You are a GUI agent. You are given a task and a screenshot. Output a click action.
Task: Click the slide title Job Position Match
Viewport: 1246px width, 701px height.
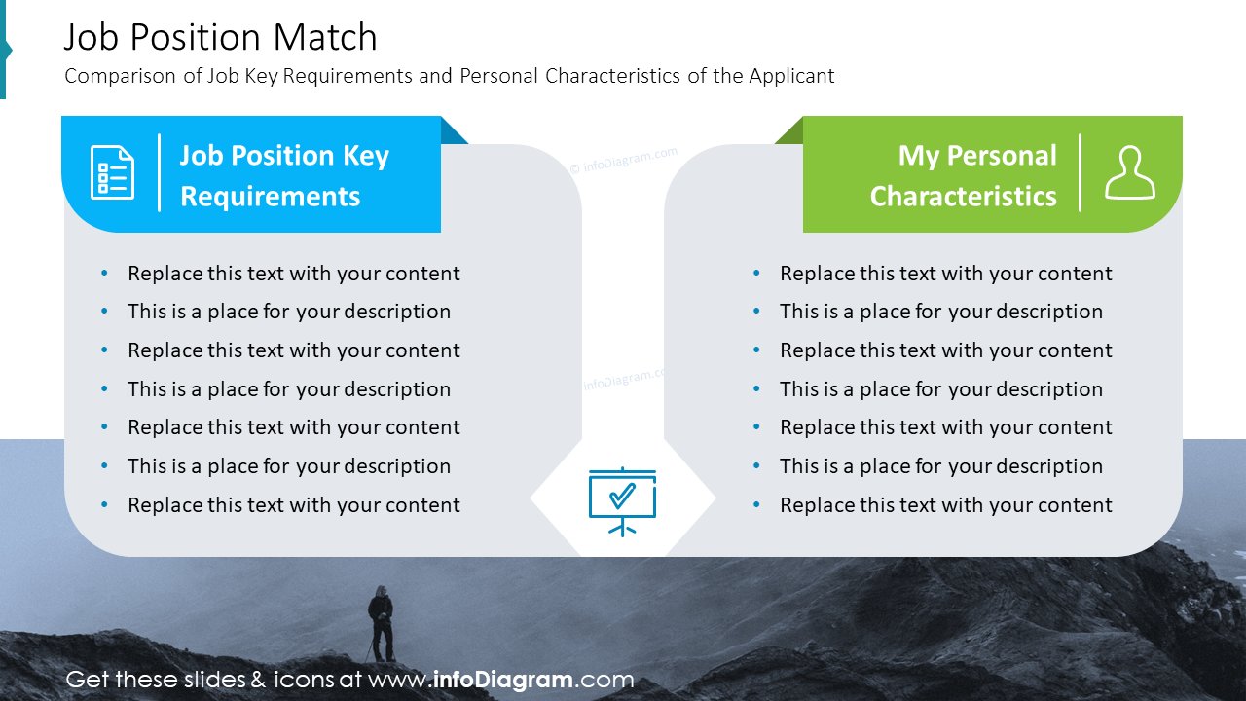click(220, 37)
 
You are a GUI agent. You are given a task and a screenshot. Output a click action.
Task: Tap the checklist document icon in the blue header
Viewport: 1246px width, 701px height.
click(112, 172)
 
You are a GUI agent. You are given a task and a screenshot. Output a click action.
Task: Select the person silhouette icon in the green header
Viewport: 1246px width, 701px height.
click(1130, 172)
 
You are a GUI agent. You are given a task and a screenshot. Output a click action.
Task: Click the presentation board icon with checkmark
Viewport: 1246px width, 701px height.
click(622, 501)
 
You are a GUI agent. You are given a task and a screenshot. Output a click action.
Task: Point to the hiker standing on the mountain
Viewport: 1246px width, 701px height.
click(382, 623)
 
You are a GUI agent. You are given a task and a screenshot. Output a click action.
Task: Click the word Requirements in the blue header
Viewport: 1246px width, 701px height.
click(271, 197)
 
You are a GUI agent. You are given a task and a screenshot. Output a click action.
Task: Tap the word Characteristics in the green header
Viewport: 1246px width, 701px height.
click(963, 197)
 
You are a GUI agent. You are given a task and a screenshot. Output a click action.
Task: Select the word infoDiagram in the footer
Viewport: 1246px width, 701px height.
click(503, 680)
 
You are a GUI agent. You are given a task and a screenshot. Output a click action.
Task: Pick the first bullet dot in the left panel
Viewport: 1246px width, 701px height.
click(104, 273)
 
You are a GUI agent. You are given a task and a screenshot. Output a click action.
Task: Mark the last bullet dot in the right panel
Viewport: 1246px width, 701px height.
click(756, 504)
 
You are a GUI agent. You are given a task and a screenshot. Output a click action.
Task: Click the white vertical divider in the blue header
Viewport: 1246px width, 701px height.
click(159, 172)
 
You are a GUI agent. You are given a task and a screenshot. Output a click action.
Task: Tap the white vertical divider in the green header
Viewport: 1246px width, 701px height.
click(1080, 172)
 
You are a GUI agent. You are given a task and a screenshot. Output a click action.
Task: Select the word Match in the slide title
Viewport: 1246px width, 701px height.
click(325, 37)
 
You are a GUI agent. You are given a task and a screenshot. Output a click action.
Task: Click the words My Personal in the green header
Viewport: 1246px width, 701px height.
click(977, 156)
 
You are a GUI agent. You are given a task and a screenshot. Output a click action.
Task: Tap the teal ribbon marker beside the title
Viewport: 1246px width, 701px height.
click(5, 50)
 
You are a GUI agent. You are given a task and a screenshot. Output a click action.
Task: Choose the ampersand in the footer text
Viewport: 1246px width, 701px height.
click(258, 680)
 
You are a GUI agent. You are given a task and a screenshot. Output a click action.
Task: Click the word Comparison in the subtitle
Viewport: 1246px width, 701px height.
click(120, 76)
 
